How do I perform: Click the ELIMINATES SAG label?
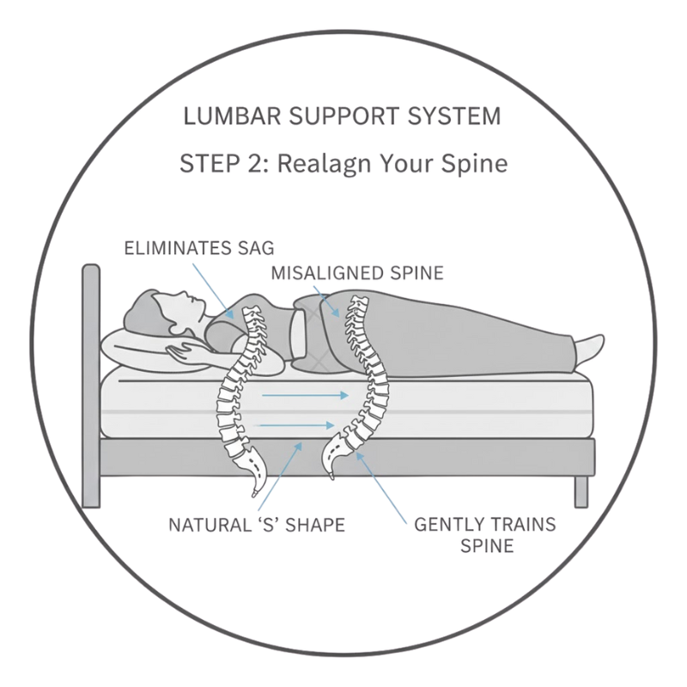pos(198,249)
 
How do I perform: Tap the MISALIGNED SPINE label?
pos(356,273)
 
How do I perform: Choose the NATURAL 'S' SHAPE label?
pos(258,524)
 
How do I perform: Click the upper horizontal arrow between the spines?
pos(305,396)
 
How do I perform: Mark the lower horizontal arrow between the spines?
pos(296,424)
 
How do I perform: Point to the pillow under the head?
pos(129,348)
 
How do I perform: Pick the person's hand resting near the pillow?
pos(184,347)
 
